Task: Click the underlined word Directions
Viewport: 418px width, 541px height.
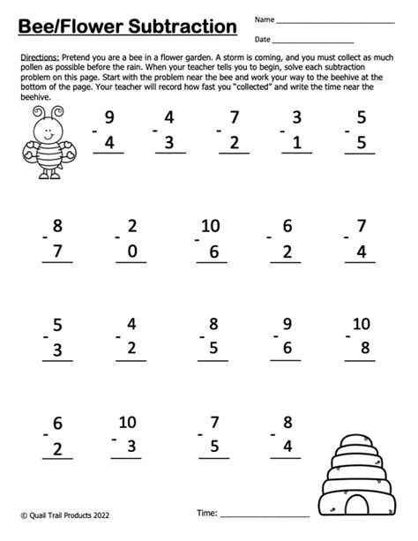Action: (x=37, y=56)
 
